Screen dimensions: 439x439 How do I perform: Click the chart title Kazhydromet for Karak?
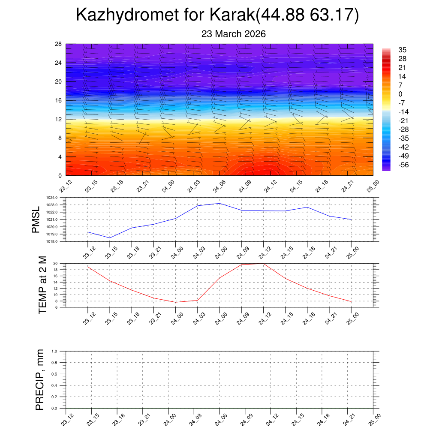click(217, 15)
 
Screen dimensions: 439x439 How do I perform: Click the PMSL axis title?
click(36, 219)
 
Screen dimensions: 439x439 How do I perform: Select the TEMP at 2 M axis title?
click(42, 285)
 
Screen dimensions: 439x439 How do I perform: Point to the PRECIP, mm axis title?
click(39, 379)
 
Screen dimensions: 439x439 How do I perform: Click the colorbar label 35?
click(402, 50)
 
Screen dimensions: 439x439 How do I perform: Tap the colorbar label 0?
click(400, 94)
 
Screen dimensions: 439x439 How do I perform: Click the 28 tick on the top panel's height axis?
click(59, 44)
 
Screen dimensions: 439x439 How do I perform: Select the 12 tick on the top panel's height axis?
click(59, 119)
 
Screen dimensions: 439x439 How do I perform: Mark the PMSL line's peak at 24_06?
click(219, 203)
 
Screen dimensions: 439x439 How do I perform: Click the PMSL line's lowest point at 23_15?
click(110, 238)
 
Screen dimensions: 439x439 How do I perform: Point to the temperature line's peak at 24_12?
click(263, 263)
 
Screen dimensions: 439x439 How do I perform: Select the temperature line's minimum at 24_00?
click(175, 302)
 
